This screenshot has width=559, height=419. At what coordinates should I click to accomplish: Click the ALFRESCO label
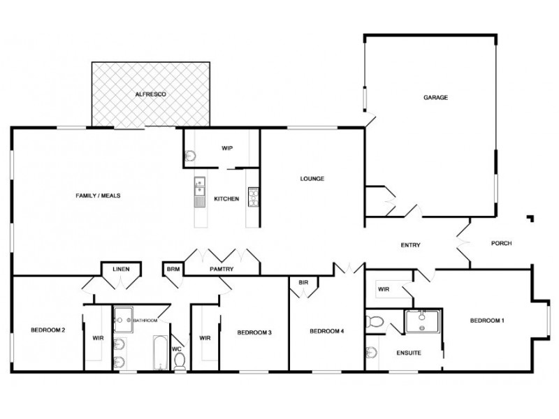pos(151,94)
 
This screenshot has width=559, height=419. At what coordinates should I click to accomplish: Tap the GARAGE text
pos(435,97)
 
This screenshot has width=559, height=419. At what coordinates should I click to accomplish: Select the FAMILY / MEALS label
pos(98,196)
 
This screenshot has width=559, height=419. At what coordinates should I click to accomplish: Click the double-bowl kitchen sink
pos(199,187)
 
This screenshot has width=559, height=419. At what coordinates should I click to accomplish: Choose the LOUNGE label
pos(312,179)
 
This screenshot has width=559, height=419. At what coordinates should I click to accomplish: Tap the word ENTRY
pos(410,244)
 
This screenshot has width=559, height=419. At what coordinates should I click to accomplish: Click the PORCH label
pos(502,243)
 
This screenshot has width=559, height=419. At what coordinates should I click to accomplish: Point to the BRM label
pos(172,267)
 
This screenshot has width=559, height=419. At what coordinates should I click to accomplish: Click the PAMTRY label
pos(221,267)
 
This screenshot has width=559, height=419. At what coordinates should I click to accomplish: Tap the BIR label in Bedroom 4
pos(303,282)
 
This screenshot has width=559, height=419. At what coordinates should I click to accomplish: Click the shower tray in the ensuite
pos(423,322)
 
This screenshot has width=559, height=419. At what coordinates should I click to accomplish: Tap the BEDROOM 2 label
pos(48,330)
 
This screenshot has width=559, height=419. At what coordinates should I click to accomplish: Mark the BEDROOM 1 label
pos(487,321)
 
